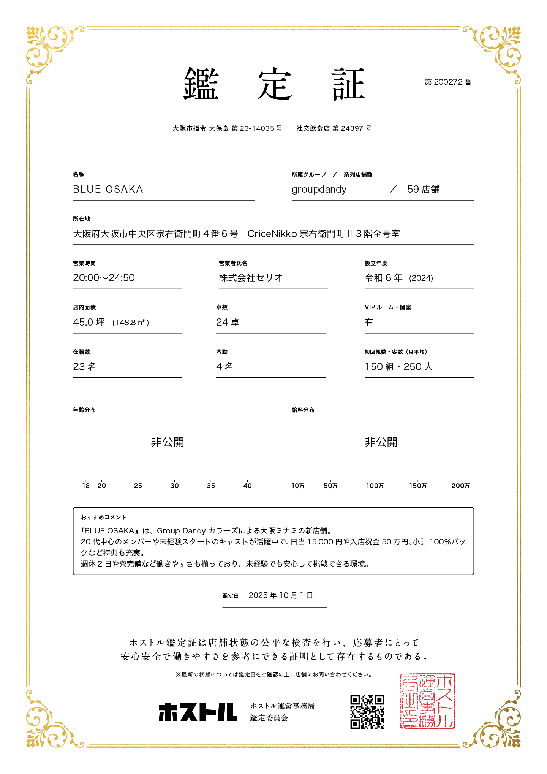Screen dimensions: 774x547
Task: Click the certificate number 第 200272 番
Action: (x=448, y=82)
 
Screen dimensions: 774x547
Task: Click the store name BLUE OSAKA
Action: (x=108, y=189)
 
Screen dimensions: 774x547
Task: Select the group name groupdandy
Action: (x=319, y=189)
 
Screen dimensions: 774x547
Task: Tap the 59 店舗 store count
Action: (x=423, y=189)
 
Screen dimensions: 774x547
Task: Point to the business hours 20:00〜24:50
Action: (x=104, y=278)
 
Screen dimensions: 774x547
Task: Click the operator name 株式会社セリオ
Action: (x=251, y=278)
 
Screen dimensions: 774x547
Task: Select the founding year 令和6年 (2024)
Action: (x=399, y=278)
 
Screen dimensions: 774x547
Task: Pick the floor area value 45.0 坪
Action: (x=89, y=322)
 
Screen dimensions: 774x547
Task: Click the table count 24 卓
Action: (x=228, y=322)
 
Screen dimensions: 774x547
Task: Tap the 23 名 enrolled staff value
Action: (x=85, y=367)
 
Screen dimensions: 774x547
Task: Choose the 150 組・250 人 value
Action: (x=399, y=367)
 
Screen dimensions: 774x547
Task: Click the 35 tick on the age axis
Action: (x=211, y=486)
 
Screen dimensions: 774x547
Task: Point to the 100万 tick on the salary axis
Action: (x=375, y=486)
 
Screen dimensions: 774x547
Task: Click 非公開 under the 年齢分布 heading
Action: (x=168, y=442)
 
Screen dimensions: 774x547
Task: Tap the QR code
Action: (x=367, y=712)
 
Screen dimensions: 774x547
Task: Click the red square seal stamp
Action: (x=427, y=701)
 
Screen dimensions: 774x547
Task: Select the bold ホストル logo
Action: (x=198, y=712)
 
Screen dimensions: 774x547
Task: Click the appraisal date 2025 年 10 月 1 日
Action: (x=281, y=595)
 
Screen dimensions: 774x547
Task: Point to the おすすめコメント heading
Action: (x=104, y=517)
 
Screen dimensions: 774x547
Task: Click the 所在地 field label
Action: (x=81, y=219)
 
